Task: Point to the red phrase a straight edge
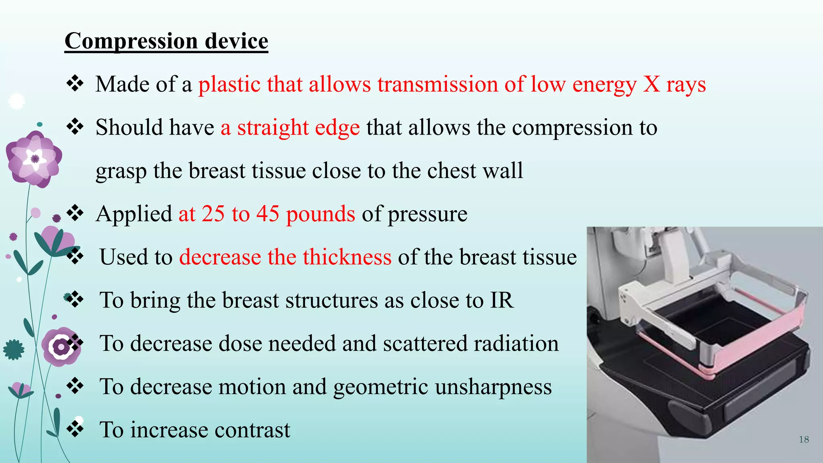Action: [x=290, y=127]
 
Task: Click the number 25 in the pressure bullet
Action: [x=213, y=213]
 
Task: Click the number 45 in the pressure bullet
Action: [x=268, y=213]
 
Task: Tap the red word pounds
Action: [x=320, y=214]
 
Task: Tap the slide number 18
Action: [x=804, y=439]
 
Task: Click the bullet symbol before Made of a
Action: [x=75, y=84]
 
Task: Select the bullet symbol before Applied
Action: [x=75, y=213]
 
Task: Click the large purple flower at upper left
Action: [x=35, y=159]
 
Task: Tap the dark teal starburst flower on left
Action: [x=14, y=350]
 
